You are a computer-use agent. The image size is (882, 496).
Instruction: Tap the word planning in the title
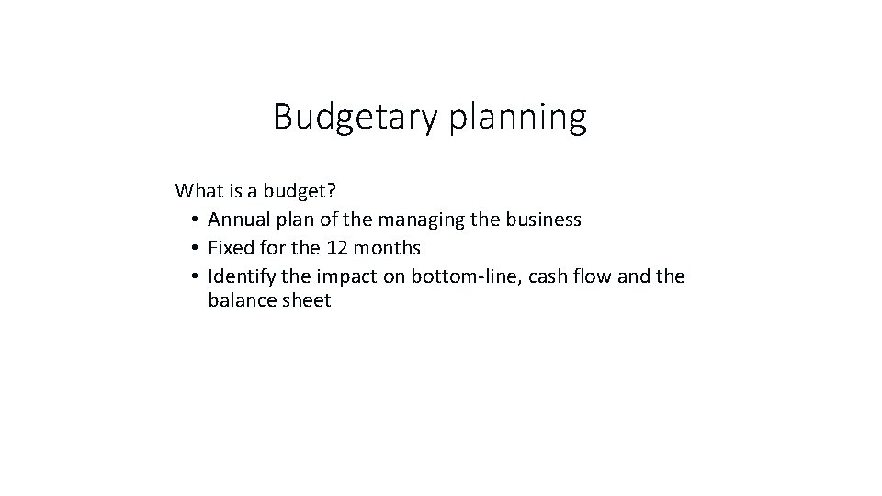coord(517,118)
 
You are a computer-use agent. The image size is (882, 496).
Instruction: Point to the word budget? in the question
coord(300,191)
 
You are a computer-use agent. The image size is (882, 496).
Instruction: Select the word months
coord(386,248)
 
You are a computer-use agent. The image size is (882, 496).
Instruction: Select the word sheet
coord(305,300)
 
